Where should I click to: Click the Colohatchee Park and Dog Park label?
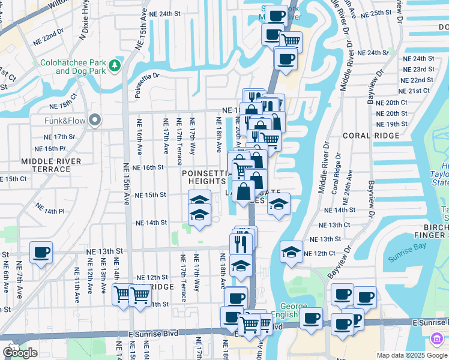pos(73,67)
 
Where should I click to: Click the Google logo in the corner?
pos(20,353)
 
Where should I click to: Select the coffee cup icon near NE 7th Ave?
pos(41,253)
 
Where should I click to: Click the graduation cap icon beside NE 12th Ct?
pos(291,252)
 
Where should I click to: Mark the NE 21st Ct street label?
pos(419,90)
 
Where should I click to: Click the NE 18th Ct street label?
pos(64,101)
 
